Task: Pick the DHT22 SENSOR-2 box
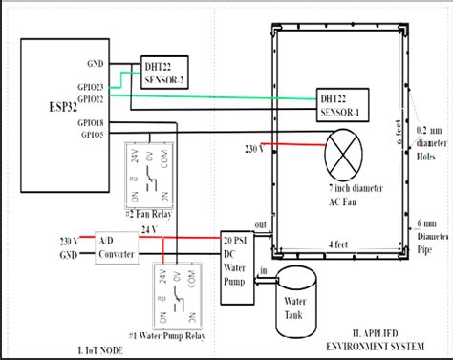click(x=164, y=74)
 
